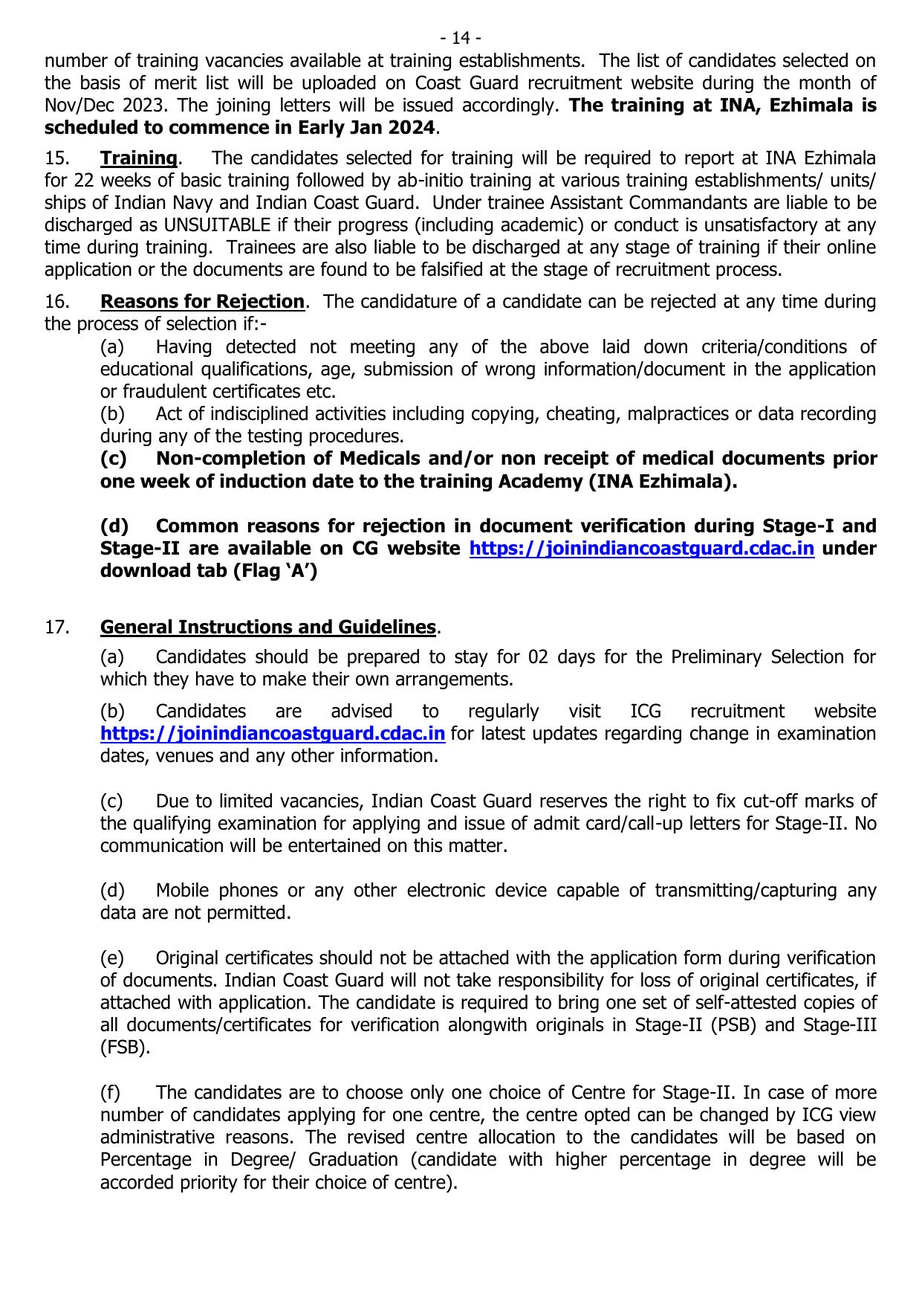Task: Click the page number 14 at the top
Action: (x=461, y=38)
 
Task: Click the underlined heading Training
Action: (x=138, y=158)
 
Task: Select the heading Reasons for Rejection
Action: (x=202, y=302)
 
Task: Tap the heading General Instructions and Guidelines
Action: (x=267, y=627)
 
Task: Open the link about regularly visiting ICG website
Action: (x=273, y=734)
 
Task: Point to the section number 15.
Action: (x=57, y=158)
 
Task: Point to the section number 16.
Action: (x=57, y=302)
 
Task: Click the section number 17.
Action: (x=57, y=627)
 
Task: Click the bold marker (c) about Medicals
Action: (x=113, y=459)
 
